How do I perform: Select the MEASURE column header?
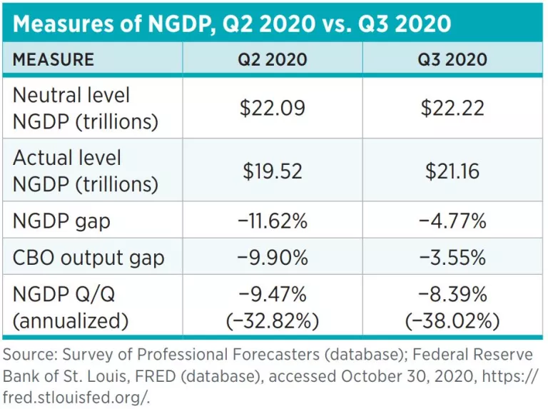pos(54,59)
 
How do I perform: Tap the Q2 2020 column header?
pos(272,59)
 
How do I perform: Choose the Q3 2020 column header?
pos(452,59)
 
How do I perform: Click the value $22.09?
pos(272,108)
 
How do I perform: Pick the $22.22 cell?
pos(452,108)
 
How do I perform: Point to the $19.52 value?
pos(272,171)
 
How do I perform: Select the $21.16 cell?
pos(452,171)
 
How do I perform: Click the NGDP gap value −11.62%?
pos(272,221)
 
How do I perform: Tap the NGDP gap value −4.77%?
pos(452,221)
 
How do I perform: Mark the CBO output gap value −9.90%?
pos(272,258)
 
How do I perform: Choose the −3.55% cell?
pos(452,258)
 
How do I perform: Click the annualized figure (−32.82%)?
pos(272,320)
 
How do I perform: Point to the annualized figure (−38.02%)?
pos(452,320)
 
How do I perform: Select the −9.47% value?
pos(272,294)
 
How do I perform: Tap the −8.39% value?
pos(452,294)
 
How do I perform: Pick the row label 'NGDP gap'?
pos(61,221)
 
